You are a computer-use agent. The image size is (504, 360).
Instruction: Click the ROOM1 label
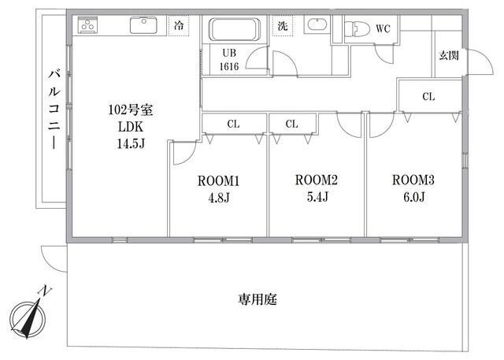click(217, 180)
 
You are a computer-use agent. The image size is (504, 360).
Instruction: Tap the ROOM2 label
click(316, 180)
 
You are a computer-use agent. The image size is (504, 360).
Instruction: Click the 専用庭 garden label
click(258, 300)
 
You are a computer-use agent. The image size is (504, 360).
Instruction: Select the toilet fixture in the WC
click(355, 28)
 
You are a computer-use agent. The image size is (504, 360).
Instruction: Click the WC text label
click(383, 29)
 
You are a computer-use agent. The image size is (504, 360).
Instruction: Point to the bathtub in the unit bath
click(233, 31)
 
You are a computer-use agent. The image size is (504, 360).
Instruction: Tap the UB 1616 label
click(229, 61)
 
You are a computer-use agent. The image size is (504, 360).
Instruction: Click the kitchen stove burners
click(86, 27)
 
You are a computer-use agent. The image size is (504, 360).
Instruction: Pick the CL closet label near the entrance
click(428, 97)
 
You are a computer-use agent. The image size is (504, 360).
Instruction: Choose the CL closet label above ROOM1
click(233, 124)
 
